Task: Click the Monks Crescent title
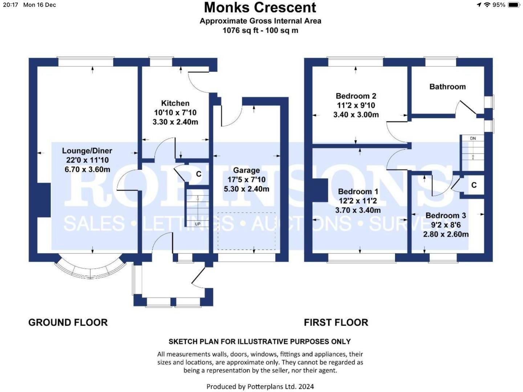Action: tap(260, 8)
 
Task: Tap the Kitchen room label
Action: tap(175, 103)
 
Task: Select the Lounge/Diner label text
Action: tap(87, 151)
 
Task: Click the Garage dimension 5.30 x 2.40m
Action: tap(246, 189)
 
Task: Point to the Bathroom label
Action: tap(447, 87)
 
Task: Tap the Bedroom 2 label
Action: tap(356, 96)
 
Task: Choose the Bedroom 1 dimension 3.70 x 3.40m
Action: tap(358, 210)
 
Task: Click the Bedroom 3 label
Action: tap(446, 215)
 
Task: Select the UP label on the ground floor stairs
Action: tap(198, 224)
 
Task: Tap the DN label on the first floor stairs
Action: tap(473, 138)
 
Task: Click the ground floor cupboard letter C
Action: tap(199, 174)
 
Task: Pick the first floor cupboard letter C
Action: tap(474, 185)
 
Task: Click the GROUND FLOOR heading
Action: tap(68, 323)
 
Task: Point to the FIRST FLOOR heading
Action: tap(336, 323)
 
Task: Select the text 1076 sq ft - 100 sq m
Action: tap(260, 30)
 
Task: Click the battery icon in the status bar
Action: tap(514, 5)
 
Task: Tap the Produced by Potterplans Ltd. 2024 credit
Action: tap(260, 387)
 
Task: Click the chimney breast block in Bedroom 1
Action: tap(320, 190)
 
